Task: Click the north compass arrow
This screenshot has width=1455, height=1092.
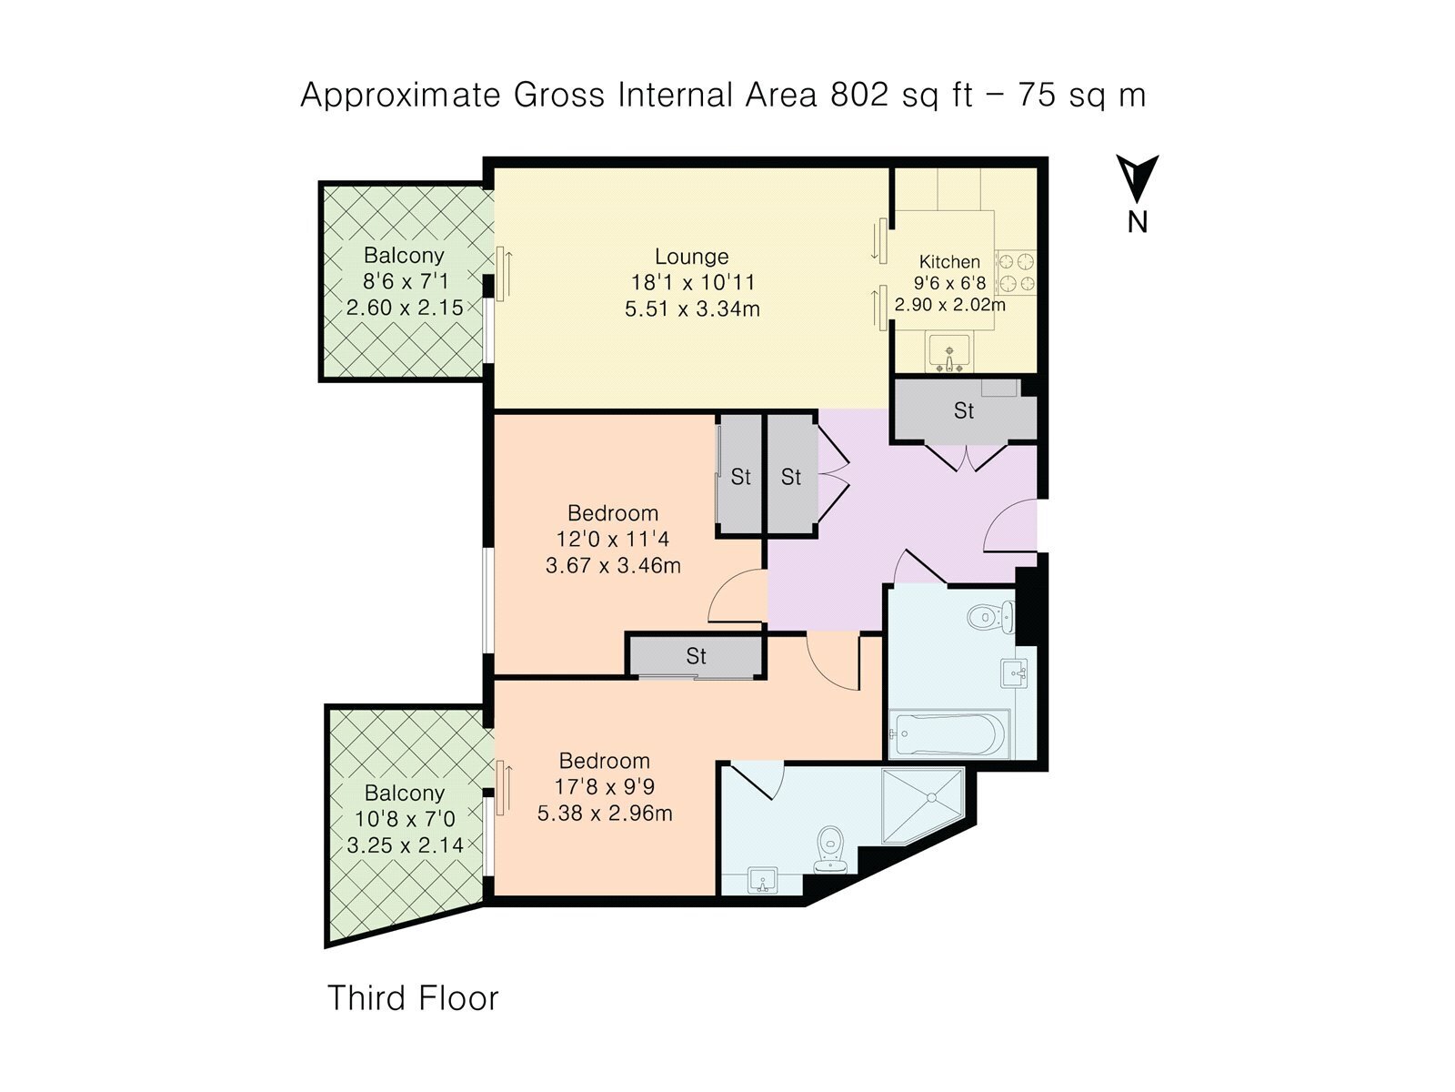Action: pos(1137,178)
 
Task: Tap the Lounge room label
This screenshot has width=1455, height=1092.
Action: pos(691,256)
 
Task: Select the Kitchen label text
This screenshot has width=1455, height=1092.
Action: pos(949,261)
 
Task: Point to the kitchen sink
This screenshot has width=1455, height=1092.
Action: pos(948,352)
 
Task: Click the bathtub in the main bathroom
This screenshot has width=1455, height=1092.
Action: pos(948,734)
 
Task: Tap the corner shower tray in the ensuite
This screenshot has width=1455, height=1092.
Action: pos(922,805)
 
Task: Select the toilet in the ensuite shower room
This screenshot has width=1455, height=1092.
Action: pos(830,849)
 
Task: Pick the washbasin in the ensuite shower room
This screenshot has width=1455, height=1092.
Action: pos(763,880)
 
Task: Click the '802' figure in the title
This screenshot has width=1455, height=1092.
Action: pos(858,95)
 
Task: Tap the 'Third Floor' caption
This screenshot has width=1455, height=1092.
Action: pos(412,998)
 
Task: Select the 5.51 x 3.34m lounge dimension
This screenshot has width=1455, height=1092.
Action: pos(692,309)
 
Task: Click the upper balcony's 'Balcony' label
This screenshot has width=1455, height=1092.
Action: pos(404,256)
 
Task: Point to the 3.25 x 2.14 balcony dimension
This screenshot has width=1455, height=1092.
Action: pos(405,845)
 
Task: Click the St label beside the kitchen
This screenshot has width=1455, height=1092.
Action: pos(964,411)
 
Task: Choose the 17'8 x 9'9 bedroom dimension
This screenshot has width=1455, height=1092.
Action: pos(605,786)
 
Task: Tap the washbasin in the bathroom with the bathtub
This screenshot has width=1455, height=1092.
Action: pos(1014,673)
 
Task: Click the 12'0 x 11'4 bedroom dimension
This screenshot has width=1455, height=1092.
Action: pos(613,539)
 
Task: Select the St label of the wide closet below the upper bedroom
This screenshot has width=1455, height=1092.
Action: pos(696,656)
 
